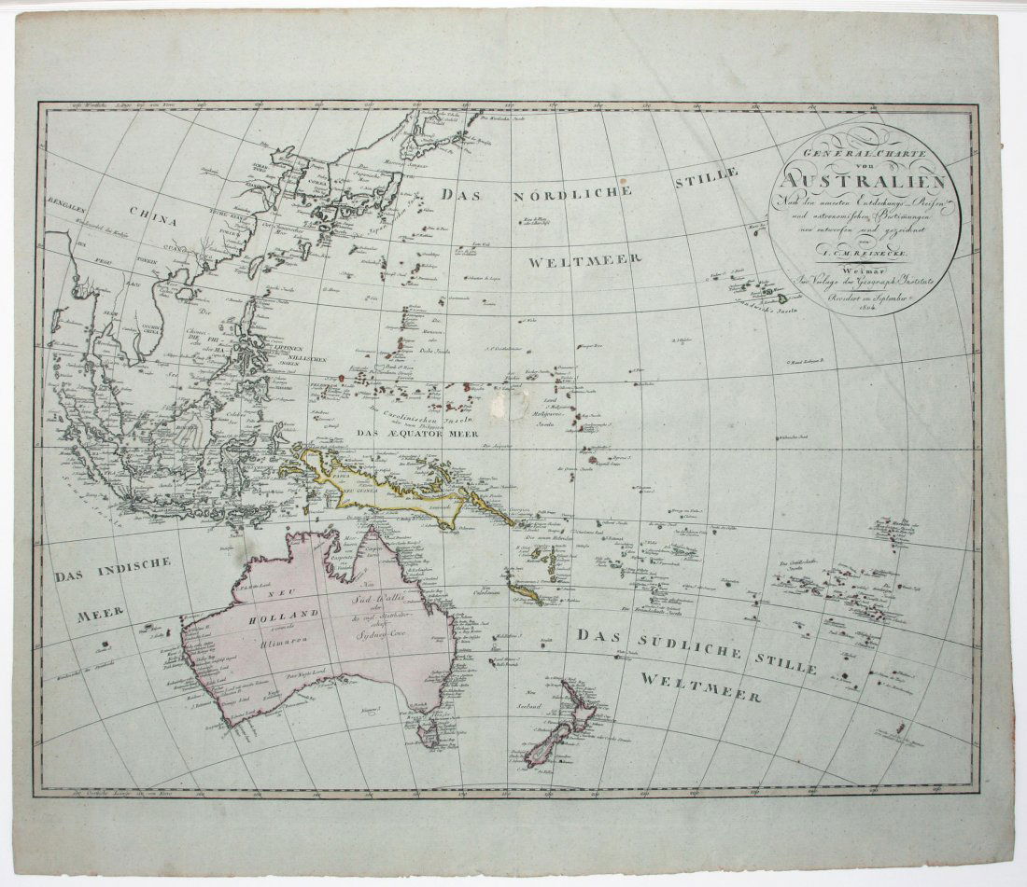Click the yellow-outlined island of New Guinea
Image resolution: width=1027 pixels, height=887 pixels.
click(392, 485)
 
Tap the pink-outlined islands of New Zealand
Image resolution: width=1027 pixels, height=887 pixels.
click(558, 728)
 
